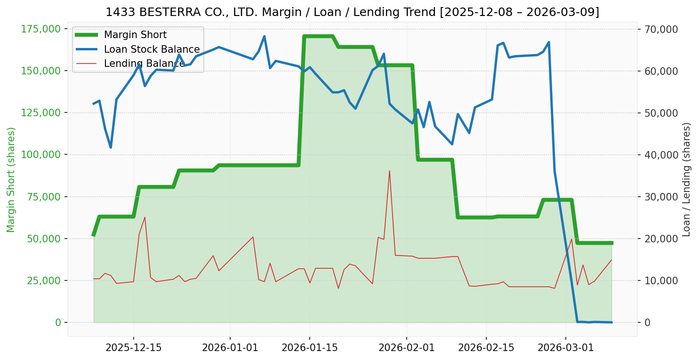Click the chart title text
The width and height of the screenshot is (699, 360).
click(352, 12)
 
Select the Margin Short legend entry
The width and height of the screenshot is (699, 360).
click(135, 35)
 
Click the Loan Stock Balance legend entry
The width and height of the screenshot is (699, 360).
click(152, 49)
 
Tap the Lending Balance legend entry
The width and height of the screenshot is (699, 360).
click(144, 64)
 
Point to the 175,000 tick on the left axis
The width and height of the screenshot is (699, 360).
click(41, 29)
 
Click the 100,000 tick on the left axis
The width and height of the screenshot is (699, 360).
click(41, 155)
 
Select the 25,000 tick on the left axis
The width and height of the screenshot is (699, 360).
click(45, 280)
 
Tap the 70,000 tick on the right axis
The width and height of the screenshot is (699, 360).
click(661, 29)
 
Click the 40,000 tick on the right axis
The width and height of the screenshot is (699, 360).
click(661, 155)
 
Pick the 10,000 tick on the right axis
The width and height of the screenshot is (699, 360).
click(661, 280)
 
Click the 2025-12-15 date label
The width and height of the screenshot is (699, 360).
click(134, 348)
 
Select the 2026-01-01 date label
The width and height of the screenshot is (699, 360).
click(230, 348)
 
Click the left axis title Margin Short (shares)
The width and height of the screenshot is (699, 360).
click(11, 180)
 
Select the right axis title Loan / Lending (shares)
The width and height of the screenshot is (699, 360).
click(687, 180)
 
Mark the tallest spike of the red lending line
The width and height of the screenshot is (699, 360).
click(390, 171)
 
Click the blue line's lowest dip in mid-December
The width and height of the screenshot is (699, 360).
click(111, 148)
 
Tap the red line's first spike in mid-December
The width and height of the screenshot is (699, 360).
click(145, 217)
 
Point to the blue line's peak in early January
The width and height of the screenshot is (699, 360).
click(264, 36)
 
